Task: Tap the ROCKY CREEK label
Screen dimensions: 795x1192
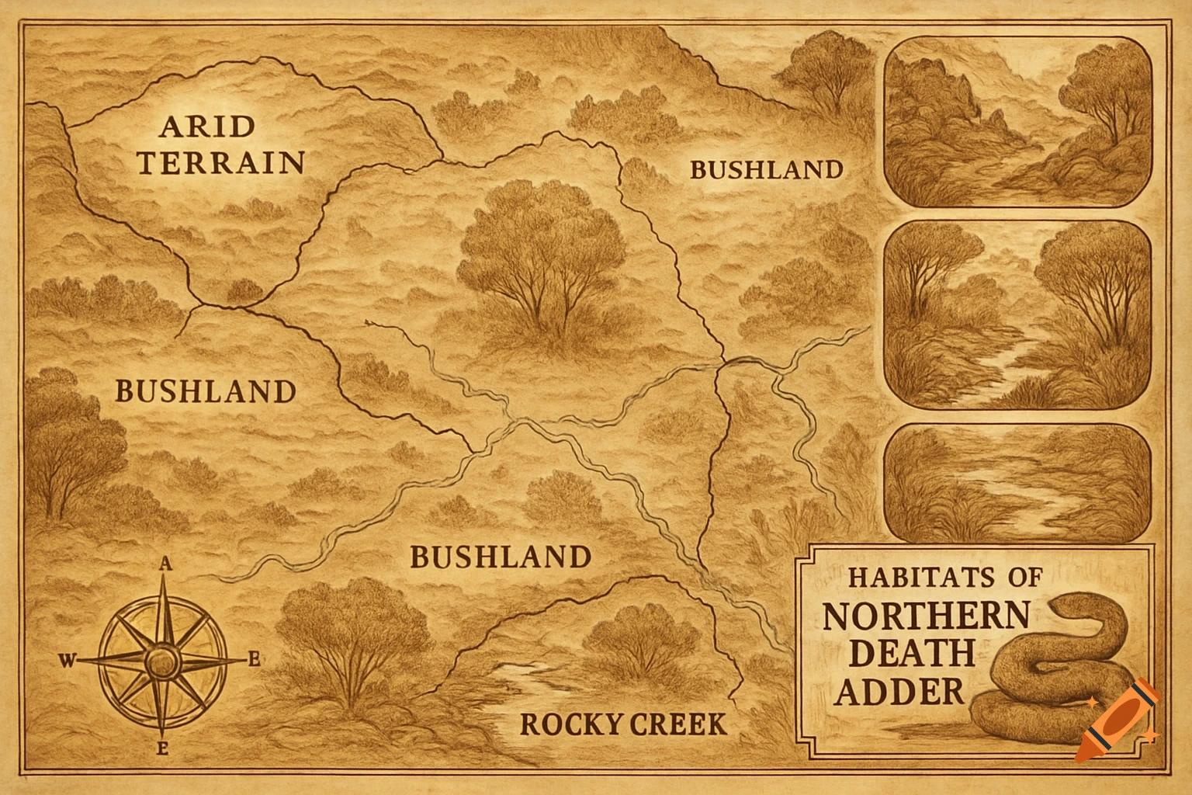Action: (623, 724)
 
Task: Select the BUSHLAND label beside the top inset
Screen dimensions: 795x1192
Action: (765, 169)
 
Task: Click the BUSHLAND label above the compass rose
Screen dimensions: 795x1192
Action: (205, 391)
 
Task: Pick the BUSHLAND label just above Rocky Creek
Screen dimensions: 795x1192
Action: (500, 557)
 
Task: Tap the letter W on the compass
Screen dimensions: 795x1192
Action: (68, 661)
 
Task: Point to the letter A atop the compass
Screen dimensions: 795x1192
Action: (165, 565)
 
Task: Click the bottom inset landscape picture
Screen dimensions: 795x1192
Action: (1018, 482)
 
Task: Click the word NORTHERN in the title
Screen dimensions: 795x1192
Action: (925, 616)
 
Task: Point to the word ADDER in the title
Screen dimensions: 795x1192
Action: (900, 689)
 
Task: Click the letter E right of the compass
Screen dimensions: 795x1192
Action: (253, 661)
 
